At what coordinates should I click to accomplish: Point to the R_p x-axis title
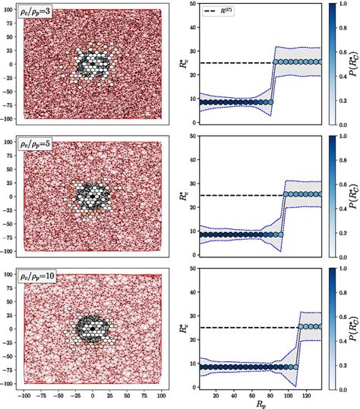[x=261, y=403]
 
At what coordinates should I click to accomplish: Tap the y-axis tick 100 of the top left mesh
[x=11, y=11]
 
